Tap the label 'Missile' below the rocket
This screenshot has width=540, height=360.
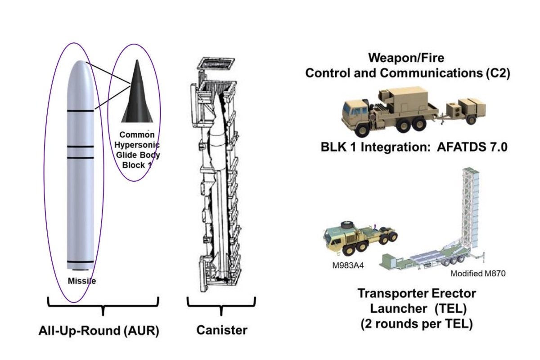(82, 281)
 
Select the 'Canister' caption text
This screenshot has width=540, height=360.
(222, 330)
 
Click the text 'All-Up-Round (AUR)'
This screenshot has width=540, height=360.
(99, 332)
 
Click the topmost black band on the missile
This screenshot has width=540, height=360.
(81, 110)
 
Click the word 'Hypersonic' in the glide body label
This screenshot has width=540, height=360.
(137, 145)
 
